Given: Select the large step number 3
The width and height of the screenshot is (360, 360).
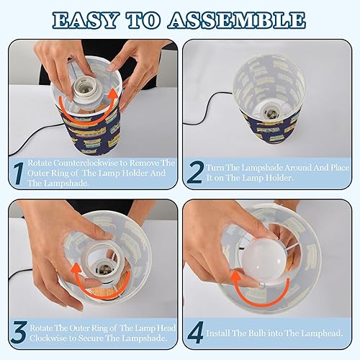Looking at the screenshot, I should (x=17, y=333).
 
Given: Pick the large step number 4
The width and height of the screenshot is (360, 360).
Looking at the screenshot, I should (x=195, y=333).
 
